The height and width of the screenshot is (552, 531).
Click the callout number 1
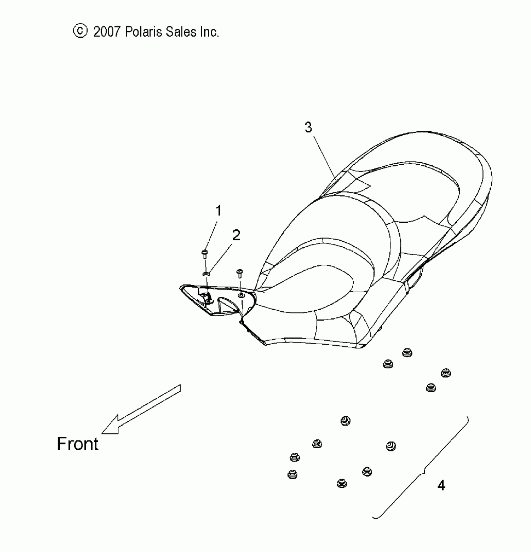219,211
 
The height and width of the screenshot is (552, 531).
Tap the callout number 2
236,235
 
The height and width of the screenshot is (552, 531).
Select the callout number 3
308,127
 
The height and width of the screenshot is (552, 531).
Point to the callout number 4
441,486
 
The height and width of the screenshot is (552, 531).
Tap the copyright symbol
80,31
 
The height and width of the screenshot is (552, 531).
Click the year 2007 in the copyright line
107,32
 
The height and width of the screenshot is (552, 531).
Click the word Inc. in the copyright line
209,32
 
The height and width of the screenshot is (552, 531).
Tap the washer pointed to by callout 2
206,274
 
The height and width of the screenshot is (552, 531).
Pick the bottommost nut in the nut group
342,484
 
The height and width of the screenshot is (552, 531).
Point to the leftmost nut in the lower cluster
292,474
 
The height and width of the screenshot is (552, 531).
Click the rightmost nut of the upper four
445,373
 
